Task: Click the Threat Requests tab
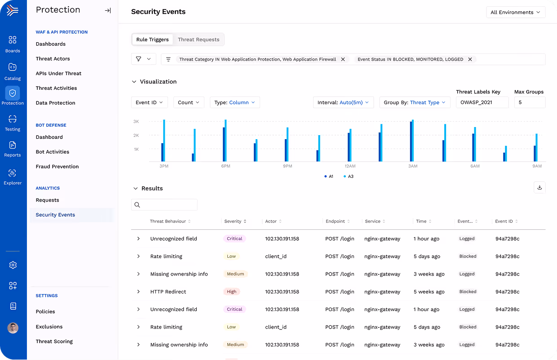(x=199, y=40)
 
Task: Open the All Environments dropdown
(x=516, y=12)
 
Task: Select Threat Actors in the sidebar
(x=53, y=59)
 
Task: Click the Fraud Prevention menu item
(x=57, y=167)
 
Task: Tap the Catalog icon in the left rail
(x=13, y=67)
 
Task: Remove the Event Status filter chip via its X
(x=470, y=59)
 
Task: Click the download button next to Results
(x=539, y=188)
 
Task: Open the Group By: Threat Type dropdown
(x=415, y=102)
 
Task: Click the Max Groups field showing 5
(x=530, y=102)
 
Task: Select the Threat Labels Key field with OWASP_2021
(x=482, y=102)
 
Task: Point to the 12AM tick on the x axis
(x=350, y=166)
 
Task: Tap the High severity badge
(x=231, y=292)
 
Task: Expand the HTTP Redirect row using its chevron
(x=138, y=292)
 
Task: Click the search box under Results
(x=164, y=205)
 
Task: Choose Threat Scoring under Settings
(x=54, y=342)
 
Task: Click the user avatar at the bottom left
(x=13, y=328)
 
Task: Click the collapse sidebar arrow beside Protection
(x=108, y=10)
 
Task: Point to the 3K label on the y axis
(x=136, y=122)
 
